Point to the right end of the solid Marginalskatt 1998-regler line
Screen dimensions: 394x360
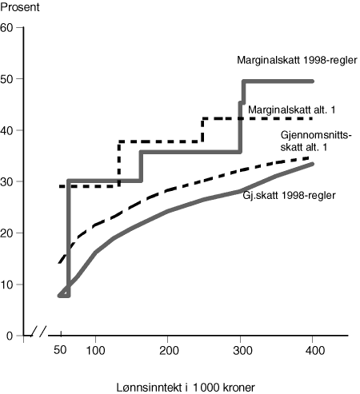[x=313, y=82]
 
